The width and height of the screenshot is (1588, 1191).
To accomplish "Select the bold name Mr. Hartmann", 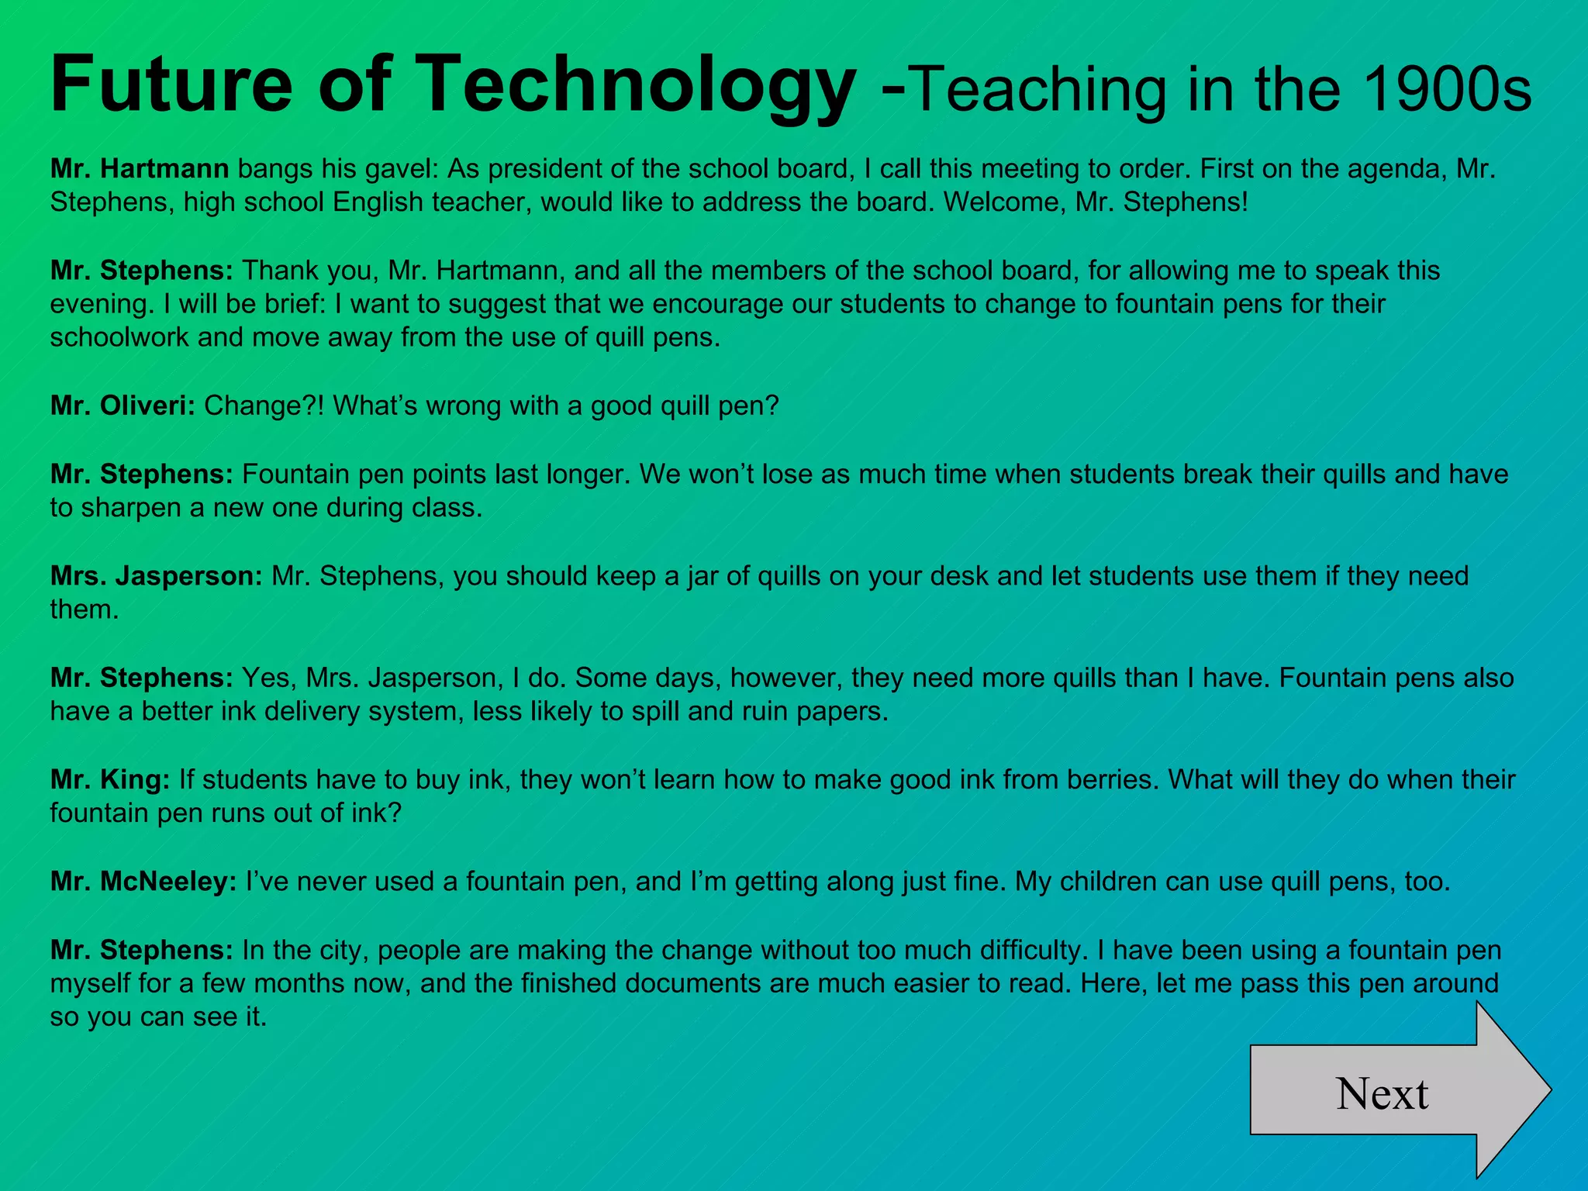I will pos(140,168).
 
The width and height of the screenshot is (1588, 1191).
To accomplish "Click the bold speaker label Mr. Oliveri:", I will pos(123,406).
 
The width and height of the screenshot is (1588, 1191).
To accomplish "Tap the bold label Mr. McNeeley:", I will pos(143,882).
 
